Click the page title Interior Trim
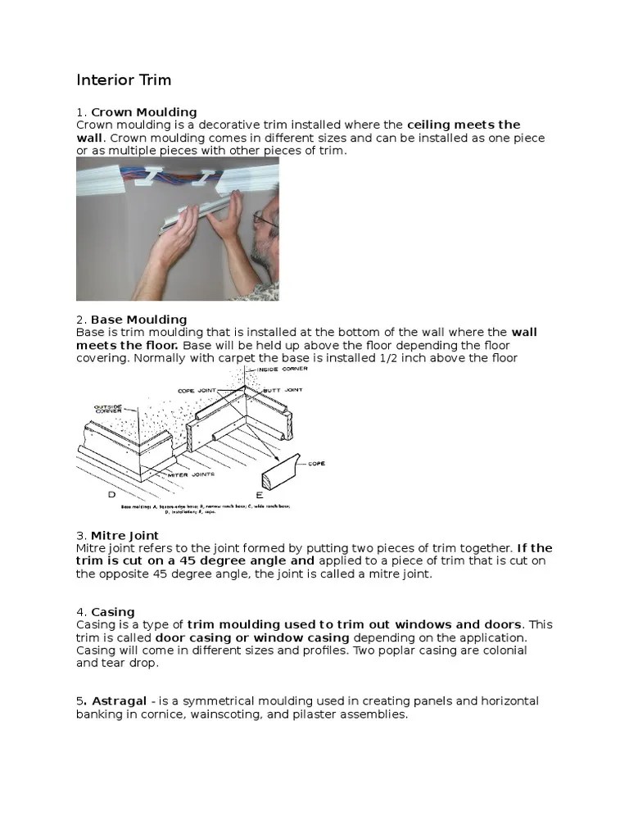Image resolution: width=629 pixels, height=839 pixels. (124, 80)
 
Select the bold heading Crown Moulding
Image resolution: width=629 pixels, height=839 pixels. (143, 111)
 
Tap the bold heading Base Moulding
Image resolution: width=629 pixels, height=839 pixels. (138, 319)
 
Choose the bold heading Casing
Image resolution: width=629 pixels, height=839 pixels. (113, 611)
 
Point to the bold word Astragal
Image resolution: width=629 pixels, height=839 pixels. (120, 701)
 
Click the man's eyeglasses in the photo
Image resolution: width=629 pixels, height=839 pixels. (265, 219)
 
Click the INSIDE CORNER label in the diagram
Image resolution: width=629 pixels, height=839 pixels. (281, 370)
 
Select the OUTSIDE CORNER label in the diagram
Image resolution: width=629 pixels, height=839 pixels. (108, 410)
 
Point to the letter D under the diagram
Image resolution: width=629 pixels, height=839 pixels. (111, 494)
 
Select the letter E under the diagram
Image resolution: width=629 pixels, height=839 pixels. (260, 495)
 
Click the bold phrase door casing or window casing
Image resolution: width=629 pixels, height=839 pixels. (256, 637)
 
